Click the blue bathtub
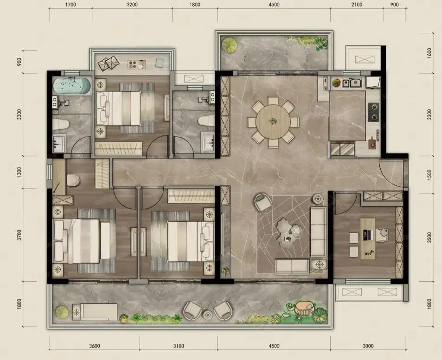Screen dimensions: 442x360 coord(71,86)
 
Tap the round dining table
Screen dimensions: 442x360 coord(273,122)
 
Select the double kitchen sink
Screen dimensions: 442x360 coord(352,83)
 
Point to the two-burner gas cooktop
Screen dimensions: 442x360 coord(374,112)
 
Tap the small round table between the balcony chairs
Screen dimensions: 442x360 coord(207,315)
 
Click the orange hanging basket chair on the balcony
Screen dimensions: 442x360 coord(304,308)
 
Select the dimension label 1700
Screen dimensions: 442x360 coord(70,5)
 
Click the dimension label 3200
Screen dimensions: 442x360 coord(132,5)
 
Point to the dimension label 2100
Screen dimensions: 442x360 coord(357,5)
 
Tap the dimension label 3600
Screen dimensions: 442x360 coord(95,346)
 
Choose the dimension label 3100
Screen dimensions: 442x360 coord(179,346)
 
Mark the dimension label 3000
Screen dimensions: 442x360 coord(368,346)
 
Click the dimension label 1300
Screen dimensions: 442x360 coord(19,172)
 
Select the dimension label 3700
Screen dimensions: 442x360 coord(19,235)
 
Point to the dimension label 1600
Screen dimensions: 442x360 coord(429,53)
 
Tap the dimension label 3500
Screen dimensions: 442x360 coord(429,237)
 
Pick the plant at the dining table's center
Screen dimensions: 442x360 coord(273,121)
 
